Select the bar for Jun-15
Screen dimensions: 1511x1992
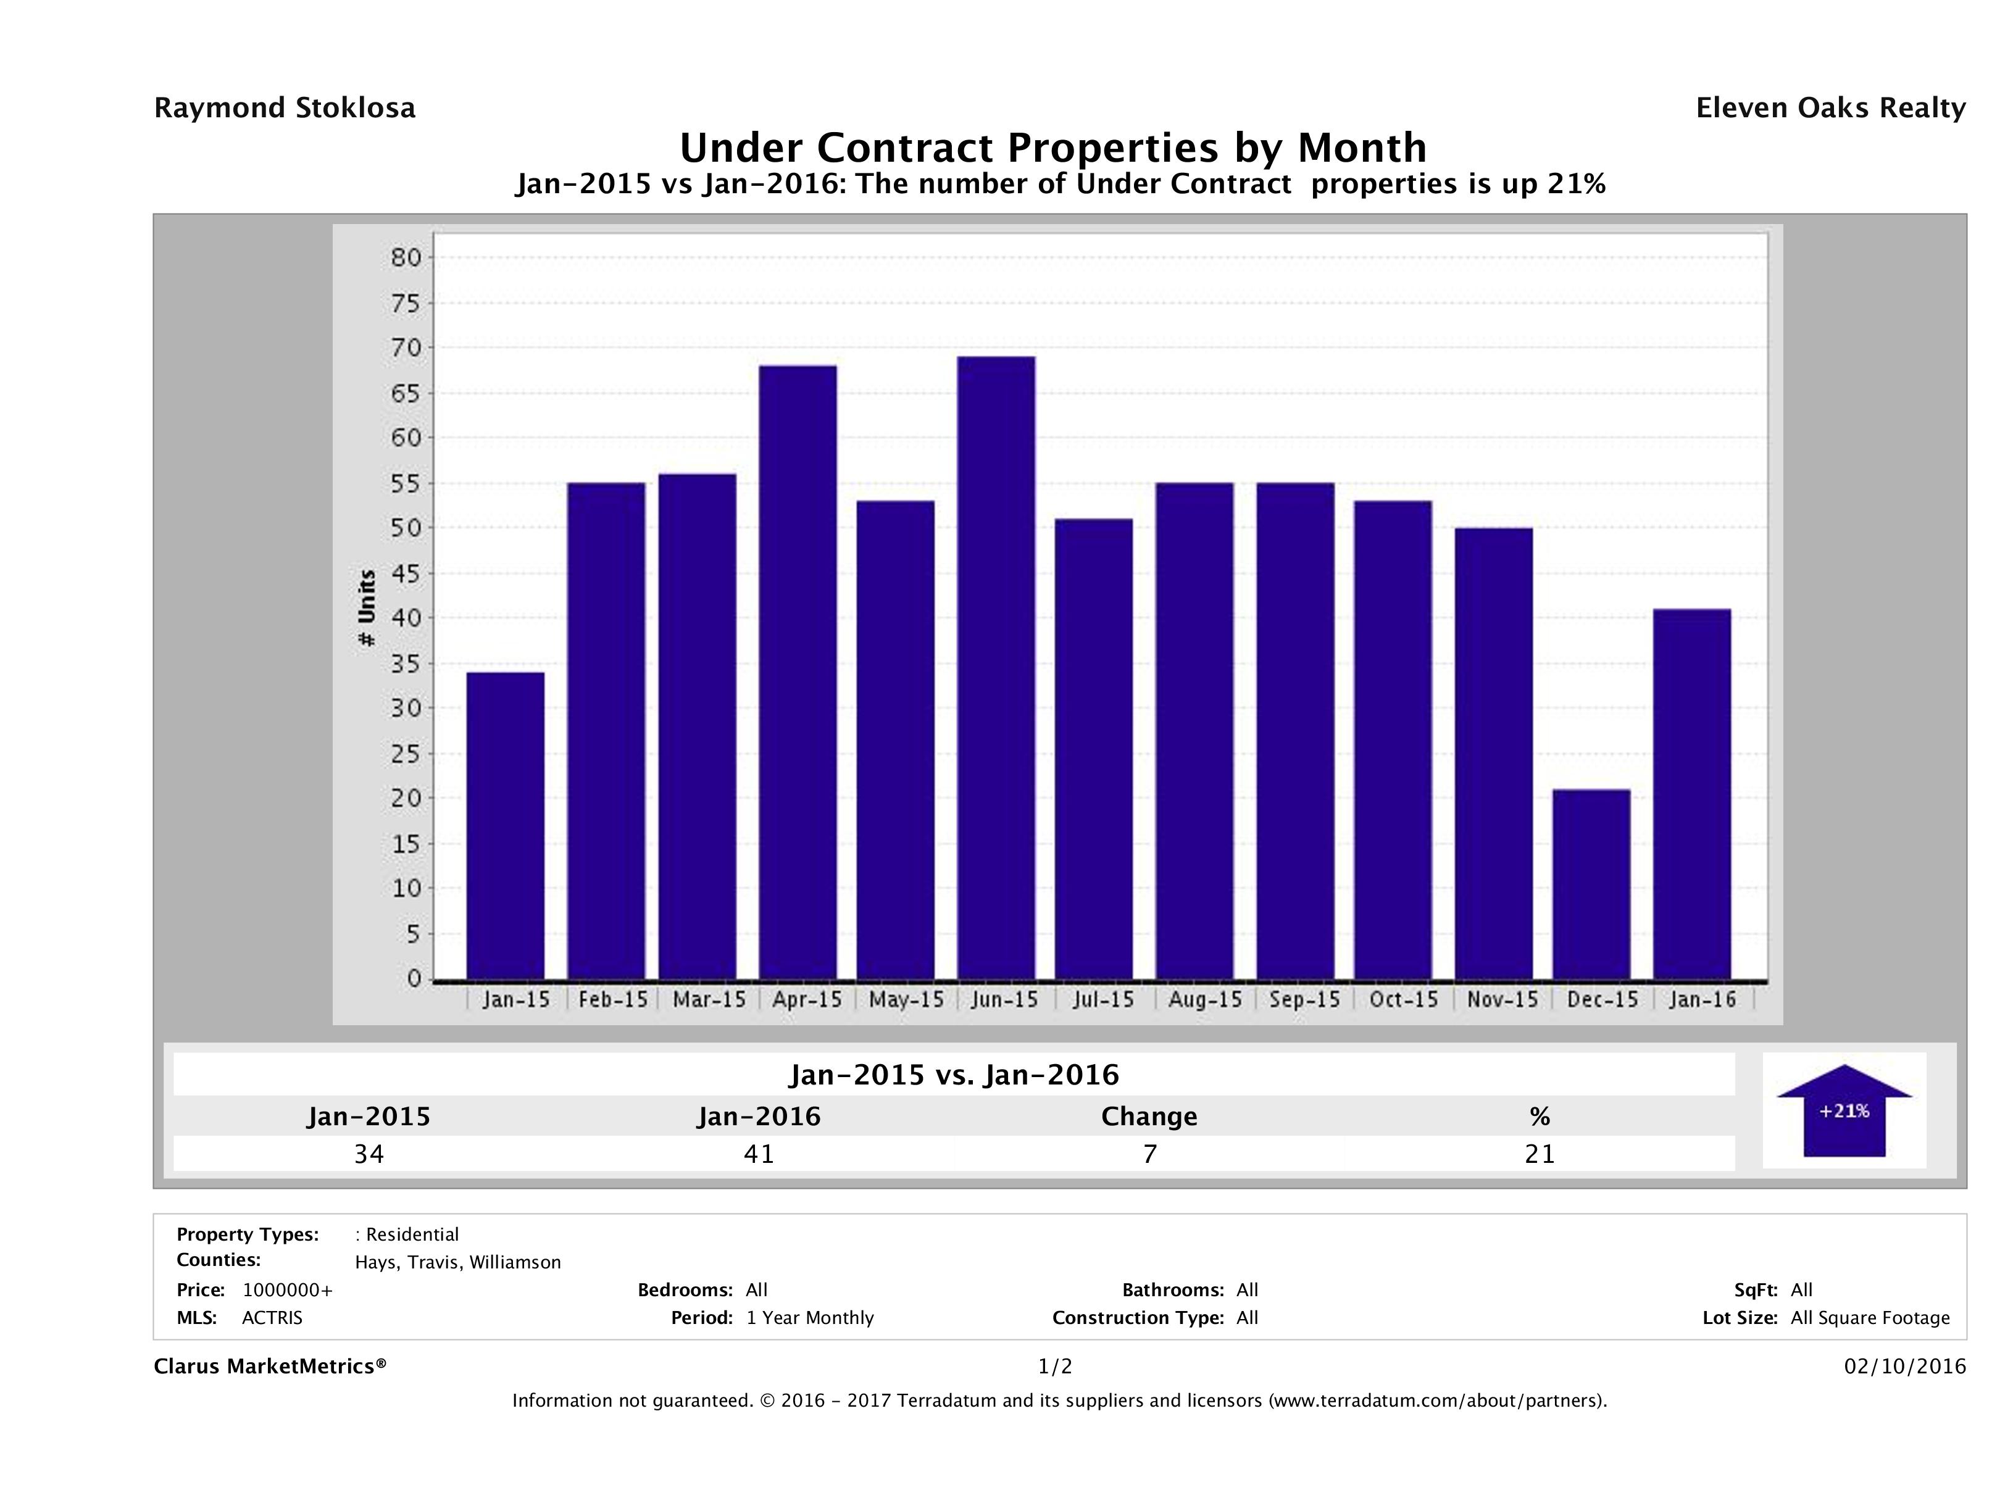coord(996,667)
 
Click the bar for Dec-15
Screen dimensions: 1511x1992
coord(1591,885)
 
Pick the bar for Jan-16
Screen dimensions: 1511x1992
coord(1692,794)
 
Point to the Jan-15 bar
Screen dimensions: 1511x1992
coord(505,826)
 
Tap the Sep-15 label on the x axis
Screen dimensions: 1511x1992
coord(1304,999)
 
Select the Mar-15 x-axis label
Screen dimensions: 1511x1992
coord(709,999)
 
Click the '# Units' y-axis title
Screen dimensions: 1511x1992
coord(367,608)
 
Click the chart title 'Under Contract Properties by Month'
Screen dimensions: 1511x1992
coord(1052,148)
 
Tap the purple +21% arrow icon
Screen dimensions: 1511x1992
coord(1843,1110)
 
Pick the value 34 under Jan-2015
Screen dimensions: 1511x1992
coord(369,1154)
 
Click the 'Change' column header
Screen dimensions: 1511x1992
coord(1149,1117)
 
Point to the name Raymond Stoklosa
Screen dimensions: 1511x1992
coord(285,108)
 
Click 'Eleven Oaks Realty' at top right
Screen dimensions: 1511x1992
coord(1830,108)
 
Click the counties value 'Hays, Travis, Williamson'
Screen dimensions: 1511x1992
coord(457,1262)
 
